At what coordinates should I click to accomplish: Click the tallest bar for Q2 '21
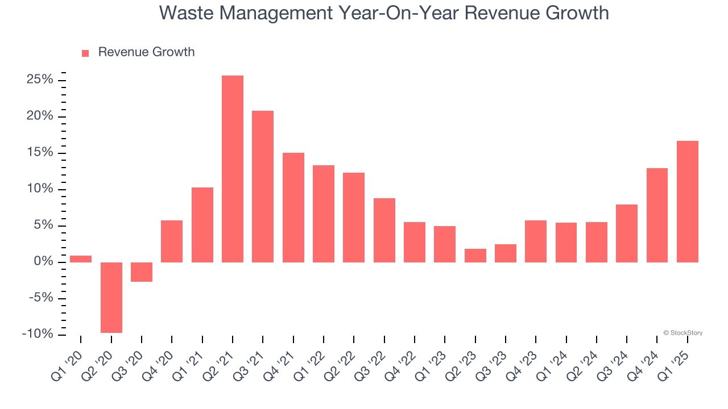233,169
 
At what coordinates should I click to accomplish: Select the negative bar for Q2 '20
111,297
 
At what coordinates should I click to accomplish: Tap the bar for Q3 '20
142,272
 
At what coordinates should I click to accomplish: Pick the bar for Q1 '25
687,202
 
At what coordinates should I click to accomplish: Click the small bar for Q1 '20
81,259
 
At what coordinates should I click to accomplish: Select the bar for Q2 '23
475,256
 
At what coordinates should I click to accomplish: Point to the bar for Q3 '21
263,186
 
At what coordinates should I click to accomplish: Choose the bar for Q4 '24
657,215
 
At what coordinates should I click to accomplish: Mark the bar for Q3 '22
384,230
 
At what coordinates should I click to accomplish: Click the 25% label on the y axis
40,80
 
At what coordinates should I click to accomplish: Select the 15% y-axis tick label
40,152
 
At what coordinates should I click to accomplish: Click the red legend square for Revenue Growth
85,53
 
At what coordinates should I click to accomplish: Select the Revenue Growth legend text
146,52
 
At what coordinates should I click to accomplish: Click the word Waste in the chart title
184,12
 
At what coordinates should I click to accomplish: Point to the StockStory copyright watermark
682,333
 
